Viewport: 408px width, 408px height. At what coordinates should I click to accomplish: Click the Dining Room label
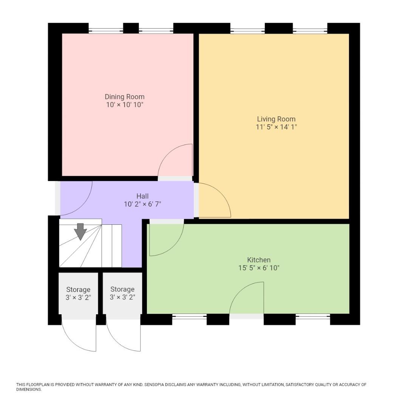124,97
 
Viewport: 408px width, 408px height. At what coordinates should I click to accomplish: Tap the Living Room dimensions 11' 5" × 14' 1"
276,127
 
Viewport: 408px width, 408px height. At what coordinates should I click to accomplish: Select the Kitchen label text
259,260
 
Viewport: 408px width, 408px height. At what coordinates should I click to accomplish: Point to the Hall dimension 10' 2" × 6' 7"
142,204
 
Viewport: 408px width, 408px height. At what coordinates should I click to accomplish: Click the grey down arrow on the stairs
80,232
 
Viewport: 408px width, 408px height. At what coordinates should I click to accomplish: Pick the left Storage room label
78,290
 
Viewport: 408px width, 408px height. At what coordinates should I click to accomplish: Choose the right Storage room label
122,290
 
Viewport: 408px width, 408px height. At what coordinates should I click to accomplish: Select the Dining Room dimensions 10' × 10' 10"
124,105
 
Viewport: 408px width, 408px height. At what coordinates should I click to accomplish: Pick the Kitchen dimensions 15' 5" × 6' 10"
259,268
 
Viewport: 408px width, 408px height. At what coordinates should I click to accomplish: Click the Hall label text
142,196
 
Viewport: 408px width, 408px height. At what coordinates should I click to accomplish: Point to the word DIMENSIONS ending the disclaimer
28,389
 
